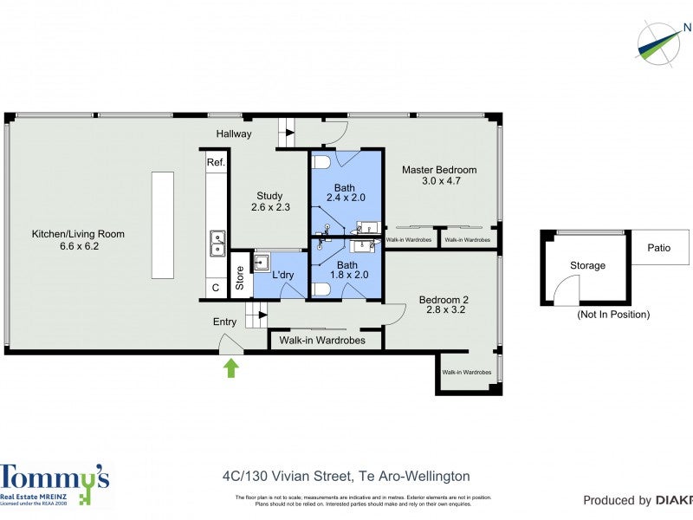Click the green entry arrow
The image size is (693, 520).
[x=230, y=368]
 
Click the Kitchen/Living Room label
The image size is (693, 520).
[x=78, y=240]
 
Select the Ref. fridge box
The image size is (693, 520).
[x=216, y=162]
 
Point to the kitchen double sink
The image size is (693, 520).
[x=217, y=244]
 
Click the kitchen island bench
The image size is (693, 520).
[x=162, y=224]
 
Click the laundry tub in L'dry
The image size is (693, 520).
[x=262, y=263]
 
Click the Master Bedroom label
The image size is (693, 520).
[x=438, y=175]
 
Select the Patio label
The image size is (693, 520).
[x=659, y=248]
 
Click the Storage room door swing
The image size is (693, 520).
[x=567, y=289]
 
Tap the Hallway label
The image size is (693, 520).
[x=234, y=133]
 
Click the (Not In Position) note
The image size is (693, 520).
[x=612, y=315]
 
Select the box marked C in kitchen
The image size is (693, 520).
[x=215, y=288]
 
